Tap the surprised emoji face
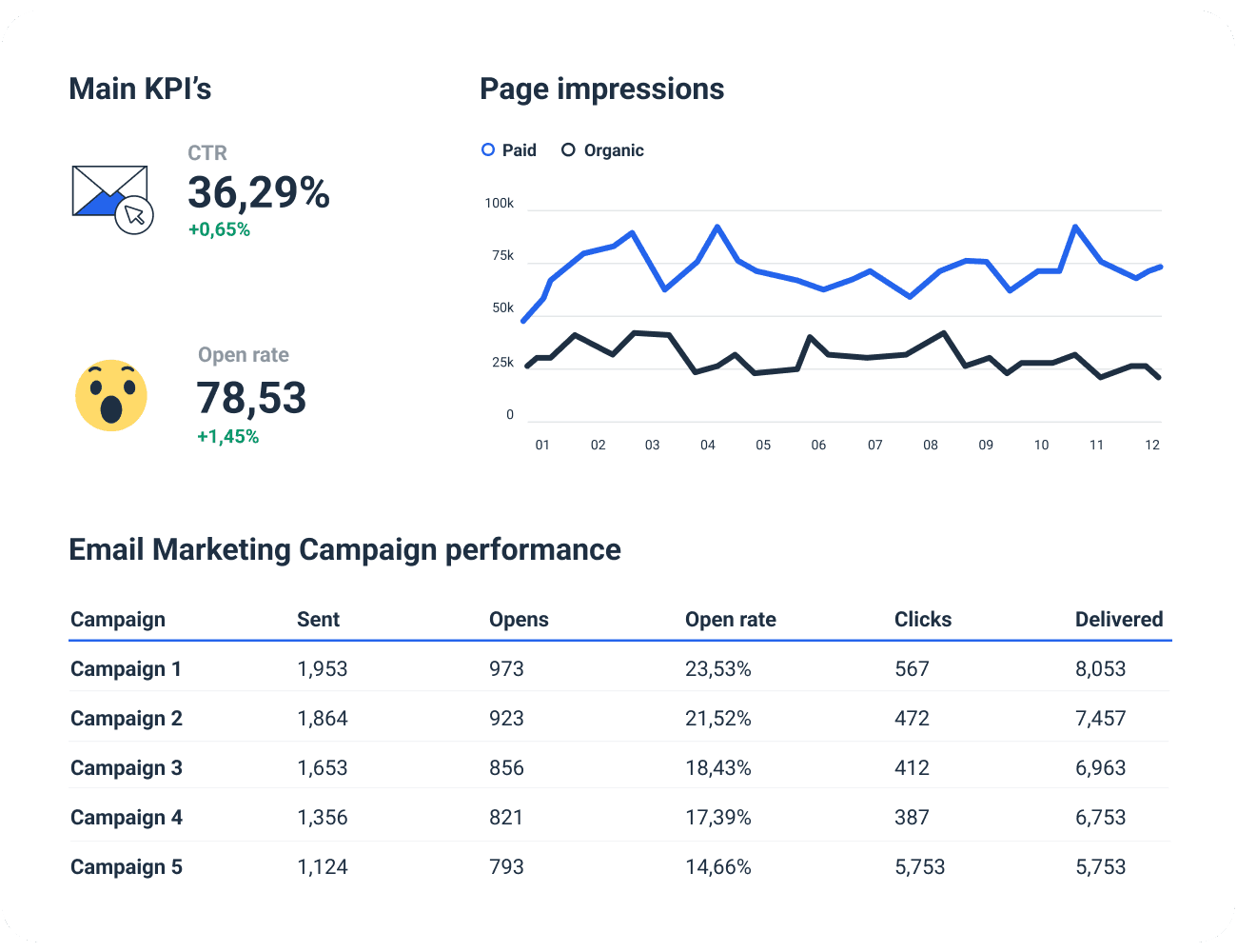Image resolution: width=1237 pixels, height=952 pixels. (x=111, y=396)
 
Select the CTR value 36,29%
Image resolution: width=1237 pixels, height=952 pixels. (x=258, y=193)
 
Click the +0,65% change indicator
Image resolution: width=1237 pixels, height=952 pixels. (x=219, y=229)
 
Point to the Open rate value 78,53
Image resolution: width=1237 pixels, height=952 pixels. (x=251, y=398)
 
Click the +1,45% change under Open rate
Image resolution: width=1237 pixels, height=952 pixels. (x=227, y=437)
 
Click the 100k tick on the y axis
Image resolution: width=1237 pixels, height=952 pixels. (x=499, y=203)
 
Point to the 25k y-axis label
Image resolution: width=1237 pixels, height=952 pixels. (x=502, y=362)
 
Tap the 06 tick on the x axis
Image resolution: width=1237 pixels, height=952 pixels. (x=818, y=445)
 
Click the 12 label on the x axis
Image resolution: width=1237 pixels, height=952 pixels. (x=1151, y=445)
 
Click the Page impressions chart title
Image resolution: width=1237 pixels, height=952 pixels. (x=601, y=89)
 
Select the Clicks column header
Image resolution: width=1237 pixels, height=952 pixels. (x=922, y=619)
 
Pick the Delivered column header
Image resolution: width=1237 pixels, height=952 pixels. (x=1119, y=619)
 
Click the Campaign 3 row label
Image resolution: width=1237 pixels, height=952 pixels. (x=126, y=767)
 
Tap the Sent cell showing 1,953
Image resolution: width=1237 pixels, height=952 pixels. (x=322, y=668)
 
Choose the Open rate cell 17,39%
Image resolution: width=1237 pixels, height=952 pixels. (x=717, y=817)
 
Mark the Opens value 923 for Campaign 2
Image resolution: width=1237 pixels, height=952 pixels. (x=506, y=718)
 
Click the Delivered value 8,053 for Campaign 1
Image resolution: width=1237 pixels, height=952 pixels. (x=1100, y=668)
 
